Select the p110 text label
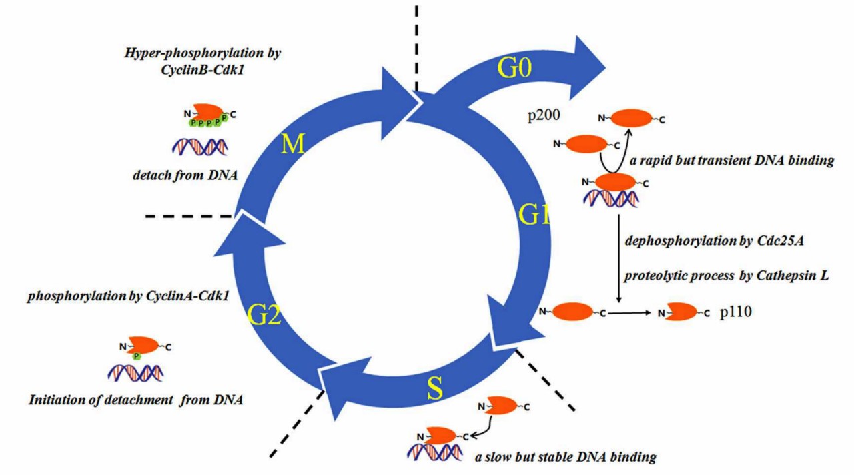736,312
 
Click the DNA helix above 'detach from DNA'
200,145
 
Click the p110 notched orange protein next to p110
679,312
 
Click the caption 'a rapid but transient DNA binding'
732,161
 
